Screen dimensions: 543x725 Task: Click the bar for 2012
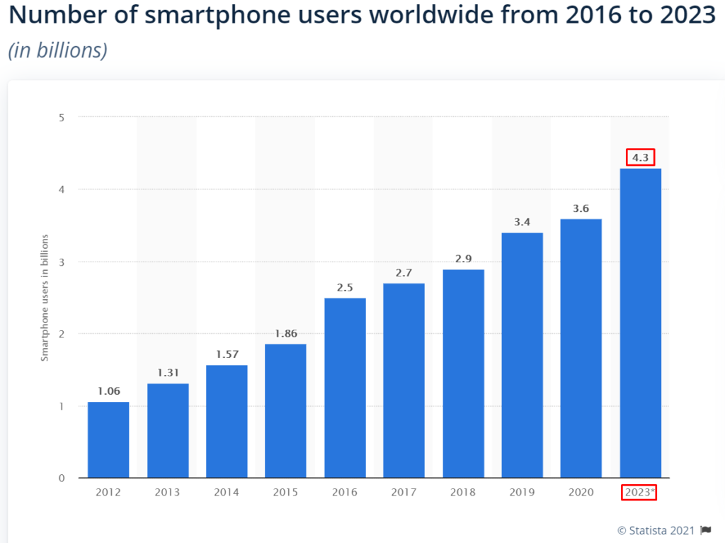108,440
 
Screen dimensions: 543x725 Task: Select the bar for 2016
345,388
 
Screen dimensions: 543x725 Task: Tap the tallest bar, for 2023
640,323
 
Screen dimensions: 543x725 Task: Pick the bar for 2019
522,355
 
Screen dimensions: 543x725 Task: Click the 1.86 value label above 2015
286,332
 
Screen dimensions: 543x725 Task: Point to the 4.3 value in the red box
640,157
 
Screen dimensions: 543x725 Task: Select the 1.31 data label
168,372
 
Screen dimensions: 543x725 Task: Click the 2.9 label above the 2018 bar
463,259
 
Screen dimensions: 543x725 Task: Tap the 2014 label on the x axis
227,493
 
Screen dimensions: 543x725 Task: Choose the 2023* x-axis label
640,493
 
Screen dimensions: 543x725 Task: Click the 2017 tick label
404,493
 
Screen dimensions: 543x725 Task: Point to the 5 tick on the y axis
62,117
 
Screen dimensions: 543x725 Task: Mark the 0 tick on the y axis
62,478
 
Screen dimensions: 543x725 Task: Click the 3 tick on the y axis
62,262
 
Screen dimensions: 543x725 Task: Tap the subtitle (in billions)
57,50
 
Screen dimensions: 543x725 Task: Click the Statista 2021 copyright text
656,530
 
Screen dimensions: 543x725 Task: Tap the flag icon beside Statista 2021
705,530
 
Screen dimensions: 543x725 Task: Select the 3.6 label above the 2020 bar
581,208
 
